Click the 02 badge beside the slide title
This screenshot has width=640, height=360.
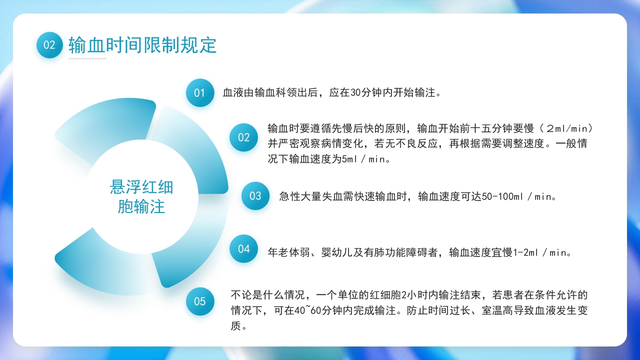point(49,45)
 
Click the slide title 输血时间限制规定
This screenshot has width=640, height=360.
point(142,45)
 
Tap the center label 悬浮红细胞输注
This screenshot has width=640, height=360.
point(141,196)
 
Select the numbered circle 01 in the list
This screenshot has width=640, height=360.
point(199,92)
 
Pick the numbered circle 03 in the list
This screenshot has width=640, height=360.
point(255,196)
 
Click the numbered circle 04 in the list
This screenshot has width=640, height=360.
point(243,248)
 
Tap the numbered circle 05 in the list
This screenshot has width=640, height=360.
point(200,301)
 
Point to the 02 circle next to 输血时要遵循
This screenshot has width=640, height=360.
point(243,137)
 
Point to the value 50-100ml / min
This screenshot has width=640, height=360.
point(518,196)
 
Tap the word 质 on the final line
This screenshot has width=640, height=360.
point(235,326)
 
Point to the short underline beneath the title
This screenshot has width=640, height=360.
point(87,58)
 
